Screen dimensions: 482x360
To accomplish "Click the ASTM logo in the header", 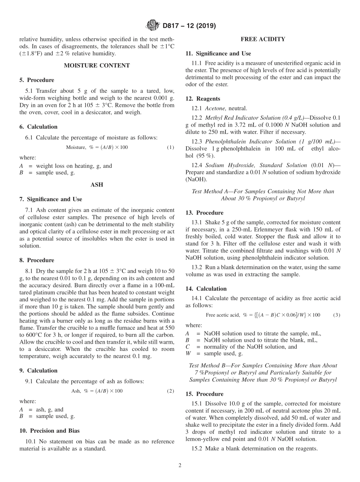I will point(153,26).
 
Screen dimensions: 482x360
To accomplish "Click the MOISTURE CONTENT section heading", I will point(97,66).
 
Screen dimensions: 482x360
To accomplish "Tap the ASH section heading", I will point(97,185).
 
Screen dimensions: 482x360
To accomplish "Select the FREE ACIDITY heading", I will point(263,39).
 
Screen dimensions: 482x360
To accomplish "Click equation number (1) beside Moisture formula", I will point(171,147).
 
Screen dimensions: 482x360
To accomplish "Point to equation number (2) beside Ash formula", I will point(171,391).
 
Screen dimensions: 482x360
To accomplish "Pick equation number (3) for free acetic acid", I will point(337,315).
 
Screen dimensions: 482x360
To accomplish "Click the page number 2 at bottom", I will point(180,465).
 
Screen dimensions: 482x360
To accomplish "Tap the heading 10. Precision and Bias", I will point(49,430).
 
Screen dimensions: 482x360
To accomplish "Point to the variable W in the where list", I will point(188,354).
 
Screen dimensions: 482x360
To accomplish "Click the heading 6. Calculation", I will point(38,127).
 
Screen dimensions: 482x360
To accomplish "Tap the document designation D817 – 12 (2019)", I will point(189,26).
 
